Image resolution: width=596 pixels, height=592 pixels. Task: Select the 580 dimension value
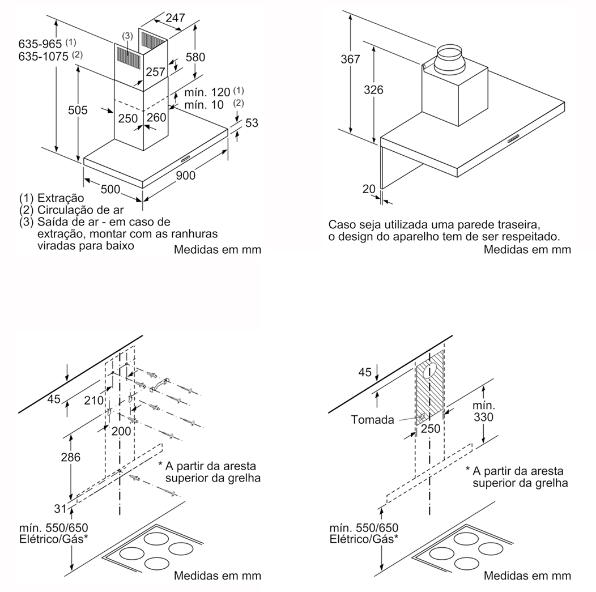[x=195, y=57]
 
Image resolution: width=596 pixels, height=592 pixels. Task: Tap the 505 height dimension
[x=77, y=110]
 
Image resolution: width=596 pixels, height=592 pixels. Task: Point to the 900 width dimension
[x=185, y=175]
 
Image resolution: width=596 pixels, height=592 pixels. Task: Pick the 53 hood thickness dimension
[x=252, y=122]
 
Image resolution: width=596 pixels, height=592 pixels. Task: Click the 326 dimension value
[x=374, y=90]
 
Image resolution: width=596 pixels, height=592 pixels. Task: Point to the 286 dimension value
[x=70, y=457]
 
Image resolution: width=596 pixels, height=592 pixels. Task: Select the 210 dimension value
[x=93, y=401]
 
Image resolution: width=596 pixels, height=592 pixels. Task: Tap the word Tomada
[x=372, y=420]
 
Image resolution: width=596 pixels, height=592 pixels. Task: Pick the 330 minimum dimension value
[x=484, y=418]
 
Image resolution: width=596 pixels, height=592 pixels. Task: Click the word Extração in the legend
[x=61, y=198]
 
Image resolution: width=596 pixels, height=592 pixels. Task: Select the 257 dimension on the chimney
[x=155, y=72]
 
